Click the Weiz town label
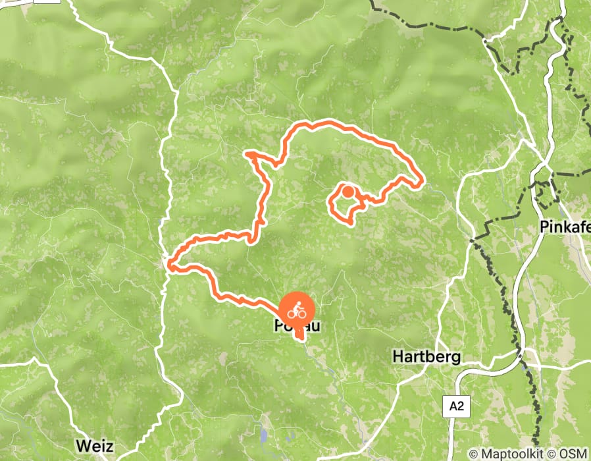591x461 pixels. [x=93, y=445]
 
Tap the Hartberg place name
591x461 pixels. [x=426, y=357]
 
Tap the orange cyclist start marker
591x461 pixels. [x=297, y=311]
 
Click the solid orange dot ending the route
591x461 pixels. [x=348, y=192]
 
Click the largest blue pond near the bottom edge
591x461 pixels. [x=264, y=435]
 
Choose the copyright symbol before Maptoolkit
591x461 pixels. [x=474, y=454]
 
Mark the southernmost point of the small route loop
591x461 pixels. [x=350, y=223]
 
